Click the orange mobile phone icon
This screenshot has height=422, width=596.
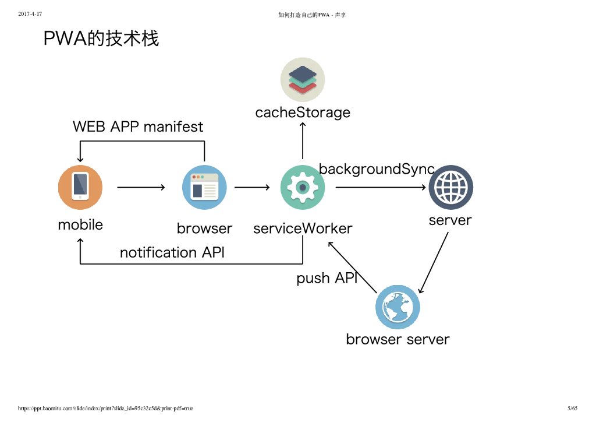[80, 187]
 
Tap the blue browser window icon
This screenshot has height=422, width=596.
[204, 187]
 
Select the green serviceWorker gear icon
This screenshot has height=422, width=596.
[303, 187]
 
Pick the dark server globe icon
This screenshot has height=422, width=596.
[450, 187]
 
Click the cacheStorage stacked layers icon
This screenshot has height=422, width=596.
[303, 80]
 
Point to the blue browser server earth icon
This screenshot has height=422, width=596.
[398, 307]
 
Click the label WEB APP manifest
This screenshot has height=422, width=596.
[138, 126]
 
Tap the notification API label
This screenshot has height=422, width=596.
[172, 252]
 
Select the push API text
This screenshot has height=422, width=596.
[327, 278]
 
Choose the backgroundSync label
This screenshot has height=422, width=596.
[377, 169]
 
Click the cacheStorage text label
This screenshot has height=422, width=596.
[303, 112]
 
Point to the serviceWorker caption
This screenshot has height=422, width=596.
[303, 228]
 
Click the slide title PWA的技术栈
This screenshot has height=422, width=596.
[101, 38]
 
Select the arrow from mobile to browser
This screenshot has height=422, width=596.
[141, 187]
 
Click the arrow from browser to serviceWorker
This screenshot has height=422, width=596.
[252, 187]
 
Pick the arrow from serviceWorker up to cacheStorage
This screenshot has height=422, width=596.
[303, 140]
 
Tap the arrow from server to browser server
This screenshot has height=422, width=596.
[434, 262]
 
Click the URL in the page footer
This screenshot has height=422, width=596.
[105, 408]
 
